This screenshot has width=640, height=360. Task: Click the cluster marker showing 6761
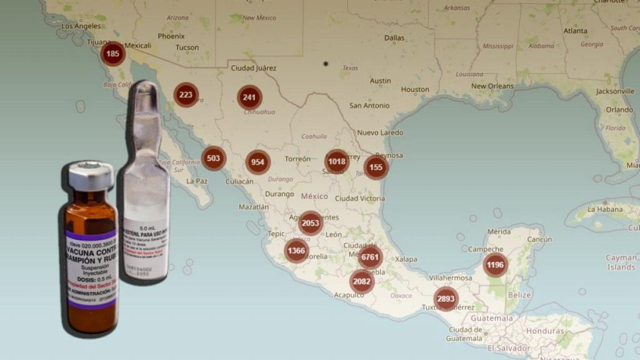coord(370,257)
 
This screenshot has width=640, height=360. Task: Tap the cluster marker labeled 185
coord(113,54)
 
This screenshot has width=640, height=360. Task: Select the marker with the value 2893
coord(446,299)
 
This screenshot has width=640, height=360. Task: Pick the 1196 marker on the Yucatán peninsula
coord(495,264)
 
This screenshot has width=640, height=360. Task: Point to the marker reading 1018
coord(337,161)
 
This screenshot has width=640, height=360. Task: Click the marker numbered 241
coord(249,97)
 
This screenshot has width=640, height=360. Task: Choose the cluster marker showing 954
coord(257,162)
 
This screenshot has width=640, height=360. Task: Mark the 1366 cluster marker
coord(297,251)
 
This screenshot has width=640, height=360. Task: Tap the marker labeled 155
coord(376,167)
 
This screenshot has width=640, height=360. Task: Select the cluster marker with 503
coord(213,158)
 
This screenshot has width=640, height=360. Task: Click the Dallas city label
coord(394,37)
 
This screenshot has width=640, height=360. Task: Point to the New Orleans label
coord(492,86)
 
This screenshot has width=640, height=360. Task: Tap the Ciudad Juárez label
coord(254,68)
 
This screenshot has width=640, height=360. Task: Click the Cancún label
coord(539,239)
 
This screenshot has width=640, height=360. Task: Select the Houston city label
coord(415,89)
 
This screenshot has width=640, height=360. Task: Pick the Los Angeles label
coord(81,26)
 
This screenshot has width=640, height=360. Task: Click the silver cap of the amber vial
coord(91,176)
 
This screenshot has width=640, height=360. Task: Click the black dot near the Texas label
coord(326,64)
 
